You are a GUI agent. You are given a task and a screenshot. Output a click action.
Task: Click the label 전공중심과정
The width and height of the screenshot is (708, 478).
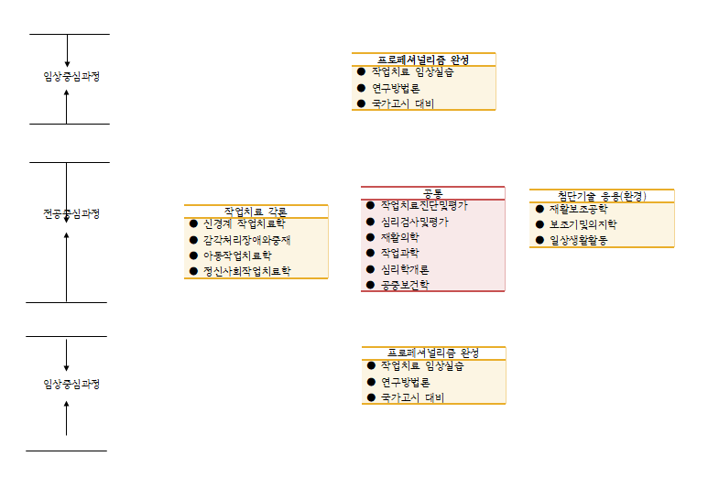tap(71, 213)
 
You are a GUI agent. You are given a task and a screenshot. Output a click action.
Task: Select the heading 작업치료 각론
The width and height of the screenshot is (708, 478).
tap(256, 212)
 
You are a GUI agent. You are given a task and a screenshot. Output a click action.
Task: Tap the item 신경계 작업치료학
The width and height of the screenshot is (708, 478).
tap(244, 223)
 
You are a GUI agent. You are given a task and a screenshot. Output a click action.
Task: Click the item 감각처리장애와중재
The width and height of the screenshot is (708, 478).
tap(246, 240)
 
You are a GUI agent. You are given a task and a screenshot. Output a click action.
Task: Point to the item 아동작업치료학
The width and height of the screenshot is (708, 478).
tap(237, 255)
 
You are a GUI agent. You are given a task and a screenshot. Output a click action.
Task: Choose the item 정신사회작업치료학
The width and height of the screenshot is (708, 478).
tap(246, 271)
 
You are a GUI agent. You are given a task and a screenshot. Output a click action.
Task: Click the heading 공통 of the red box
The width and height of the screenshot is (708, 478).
tap(432, 193)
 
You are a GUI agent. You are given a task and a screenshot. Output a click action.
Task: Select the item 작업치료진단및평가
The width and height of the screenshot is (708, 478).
tap(424, 205)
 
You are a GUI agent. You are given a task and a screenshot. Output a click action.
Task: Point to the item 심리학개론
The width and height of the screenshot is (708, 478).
tap(405, 269)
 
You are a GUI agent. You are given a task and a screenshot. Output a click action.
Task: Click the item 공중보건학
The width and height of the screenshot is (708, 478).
tap(405, 285)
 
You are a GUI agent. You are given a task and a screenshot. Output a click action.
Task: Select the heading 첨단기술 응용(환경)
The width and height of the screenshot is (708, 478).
tap(601, 196)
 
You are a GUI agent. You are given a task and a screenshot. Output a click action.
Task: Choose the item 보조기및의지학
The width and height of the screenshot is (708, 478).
tap(583, 224)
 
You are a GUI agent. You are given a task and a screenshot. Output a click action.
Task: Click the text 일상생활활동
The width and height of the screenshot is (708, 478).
tap(578, 240)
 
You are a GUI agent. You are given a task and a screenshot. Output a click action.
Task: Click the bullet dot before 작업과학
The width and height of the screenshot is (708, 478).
tap(370, 252)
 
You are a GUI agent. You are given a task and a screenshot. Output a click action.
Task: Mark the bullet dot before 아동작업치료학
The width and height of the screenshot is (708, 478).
tap(193, 255)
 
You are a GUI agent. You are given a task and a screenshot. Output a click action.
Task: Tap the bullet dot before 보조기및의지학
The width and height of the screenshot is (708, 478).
tap(539, 223)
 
